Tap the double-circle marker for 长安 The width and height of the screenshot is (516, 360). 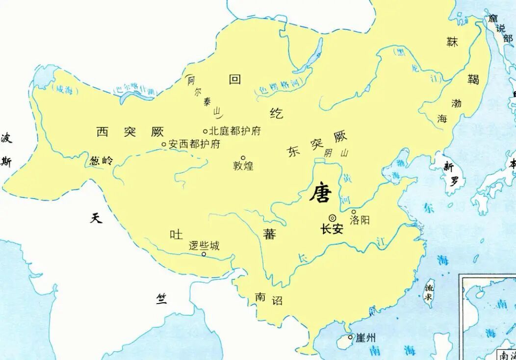click(332, 218)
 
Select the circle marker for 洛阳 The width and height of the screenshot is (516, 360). click(354, 212)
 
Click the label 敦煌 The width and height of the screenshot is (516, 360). click(243, 166)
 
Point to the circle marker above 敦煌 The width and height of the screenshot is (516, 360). click(243, 158)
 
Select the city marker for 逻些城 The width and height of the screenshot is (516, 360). click(204, 254)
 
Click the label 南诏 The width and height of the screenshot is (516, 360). click(269, 299)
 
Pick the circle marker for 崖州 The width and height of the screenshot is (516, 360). click(350, 337)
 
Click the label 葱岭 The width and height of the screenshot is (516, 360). click(102, 160)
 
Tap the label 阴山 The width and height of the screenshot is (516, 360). click(336, 153)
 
